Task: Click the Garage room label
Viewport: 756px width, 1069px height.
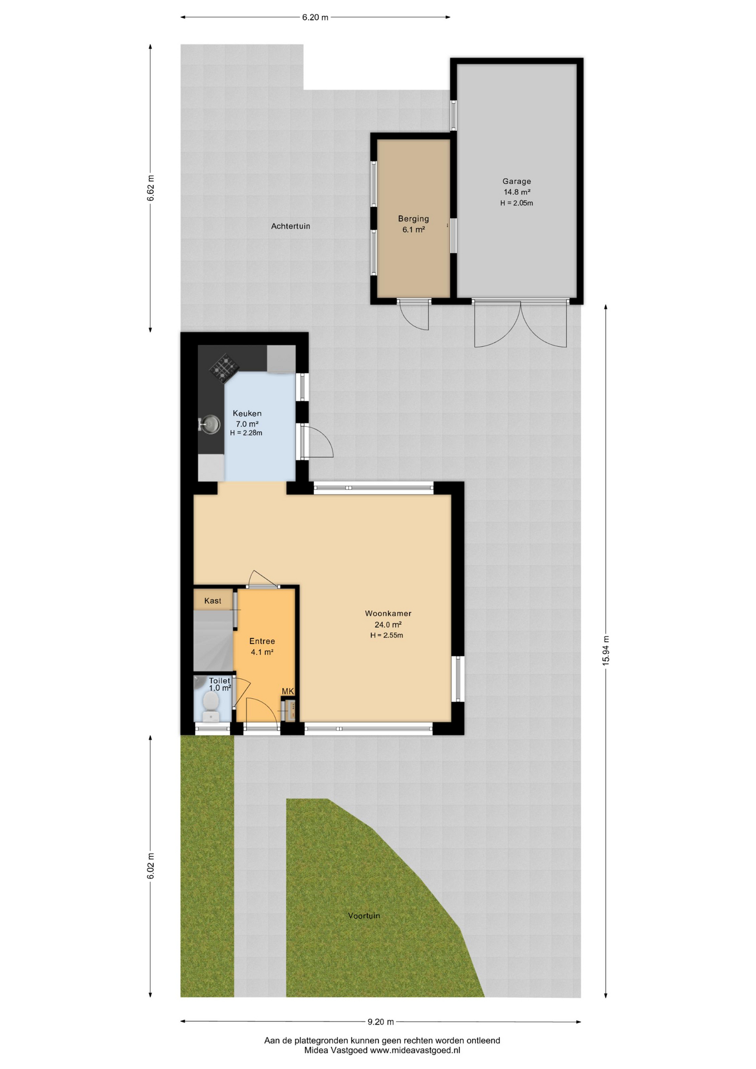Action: [x=517, y=181]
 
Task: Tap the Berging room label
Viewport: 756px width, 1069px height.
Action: [x=413, y=219]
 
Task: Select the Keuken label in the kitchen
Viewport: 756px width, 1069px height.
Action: [x=247, y=413]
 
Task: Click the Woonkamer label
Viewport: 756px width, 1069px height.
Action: [x=388, y=613]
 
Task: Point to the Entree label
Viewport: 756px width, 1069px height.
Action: [x=262, y=641]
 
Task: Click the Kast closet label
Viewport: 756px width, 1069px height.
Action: [x=213, y=601]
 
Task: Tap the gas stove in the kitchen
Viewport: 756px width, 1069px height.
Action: [x=224, y=368]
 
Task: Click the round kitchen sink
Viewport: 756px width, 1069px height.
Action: [x=211, y=425]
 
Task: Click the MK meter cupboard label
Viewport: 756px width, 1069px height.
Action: [x=287, y=691]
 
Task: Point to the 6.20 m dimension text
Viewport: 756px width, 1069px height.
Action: [x=315, y=17]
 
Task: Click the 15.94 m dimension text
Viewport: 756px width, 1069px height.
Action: [x=606, y=650]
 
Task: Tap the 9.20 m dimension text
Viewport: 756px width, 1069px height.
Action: [x=381, y=1022]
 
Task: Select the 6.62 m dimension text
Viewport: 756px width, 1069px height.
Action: [x=150, y=188]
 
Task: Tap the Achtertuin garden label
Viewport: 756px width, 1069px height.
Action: [x=291, y=226]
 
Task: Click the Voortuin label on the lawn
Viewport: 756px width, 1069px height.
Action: [x=364, y=915]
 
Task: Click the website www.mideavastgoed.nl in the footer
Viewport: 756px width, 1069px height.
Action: [x=415, y=1051]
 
